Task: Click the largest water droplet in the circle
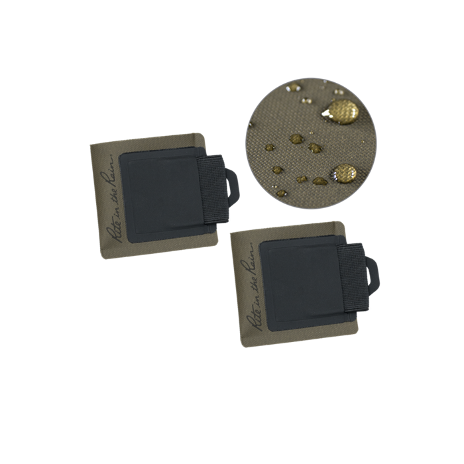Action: [343, 111]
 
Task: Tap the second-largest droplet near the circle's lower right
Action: [344, 174]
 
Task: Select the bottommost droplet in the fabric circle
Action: [282, 193]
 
